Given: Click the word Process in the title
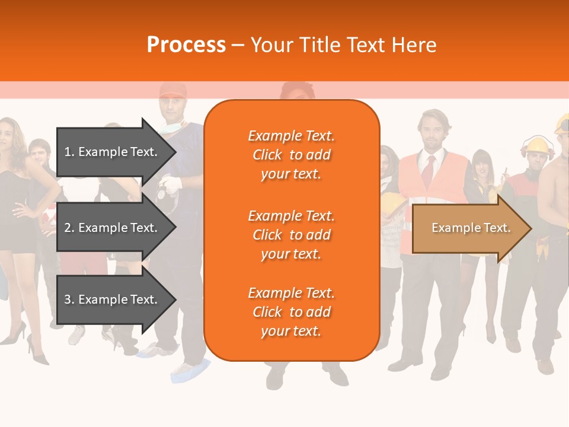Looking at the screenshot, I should pos(186,45).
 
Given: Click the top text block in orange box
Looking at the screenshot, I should pos(291,155).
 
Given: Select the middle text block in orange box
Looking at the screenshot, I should pos(291,235).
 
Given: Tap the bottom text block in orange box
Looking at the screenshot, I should pos(291,312).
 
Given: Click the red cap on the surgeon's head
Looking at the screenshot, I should pos(172,91).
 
